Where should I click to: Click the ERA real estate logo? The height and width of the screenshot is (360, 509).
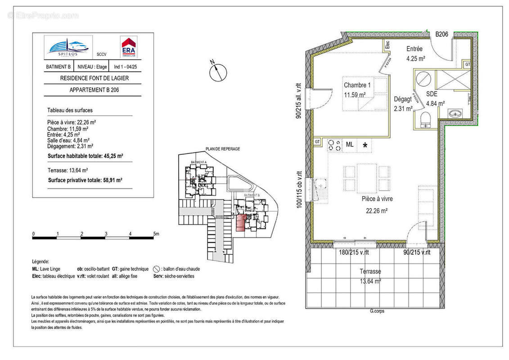coord(129,47)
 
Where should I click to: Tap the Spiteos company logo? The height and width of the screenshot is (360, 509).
coord(68,47)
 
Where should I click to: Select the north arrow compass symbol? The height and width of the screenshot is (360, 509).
coord(217,71)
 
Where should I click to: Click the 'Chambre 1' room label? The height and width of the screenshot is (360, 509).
coord(357,85)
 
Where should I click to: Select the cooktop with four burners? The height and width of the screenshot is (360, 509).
coord(334,145)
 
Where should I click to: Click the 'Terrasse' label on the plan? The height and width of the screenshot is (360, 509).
coord(370,271)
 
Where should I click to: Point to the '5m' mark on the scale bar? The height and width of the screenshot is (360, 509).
coord(156,234)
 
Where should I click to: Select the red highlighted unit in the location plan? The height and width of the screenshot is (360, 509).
coord(242,223)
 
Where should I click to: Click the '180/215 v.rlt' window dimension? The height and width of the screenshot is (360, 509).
coord(354,252)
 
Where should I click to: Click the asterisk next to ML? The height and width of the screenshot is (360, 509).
coord(365,145)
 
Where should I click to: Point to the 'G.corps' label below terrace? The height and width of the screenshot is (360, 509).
coord(377,311)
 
